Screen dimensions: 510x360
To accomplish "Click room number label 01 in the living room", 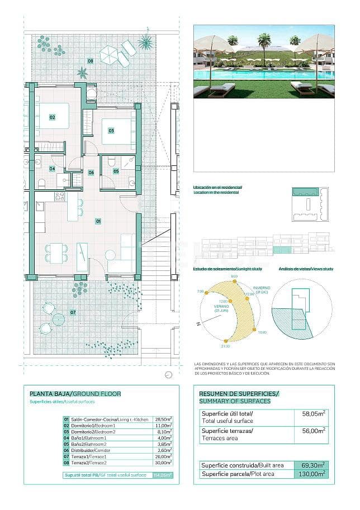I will pyautogui.click(x=98, y=222).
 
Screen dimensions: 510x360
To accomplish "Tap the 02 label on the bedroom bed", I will pyautogui.click(x=53, y=117).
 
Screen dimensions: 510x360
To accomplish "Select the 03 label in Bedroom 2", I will pyautogui.click(x=111, y=131).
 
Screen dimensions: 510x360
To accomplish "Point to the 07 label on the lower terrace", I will pyautogui.click(x=73, y=312).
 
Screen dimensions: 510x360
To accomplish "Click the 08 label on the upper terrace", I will pyautogui.click(x=90, y=61).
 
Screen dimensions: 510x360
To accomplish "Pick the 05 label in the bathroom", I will pyautogui.click(x=116, y=171).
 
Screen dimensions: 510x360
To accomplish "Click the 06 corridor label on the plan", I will pyautogui.click(x=91, y=173).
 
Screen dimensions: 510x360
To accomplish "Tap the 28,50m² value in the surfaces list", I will pyautogui.click(x=163, y=419).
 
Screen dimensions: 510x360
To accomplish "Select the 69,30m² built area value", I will pyautogui.click(x=314, y=465).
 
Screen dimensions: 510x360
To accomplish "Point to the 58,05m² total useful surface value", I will pyautogui.click(x=314, y=414).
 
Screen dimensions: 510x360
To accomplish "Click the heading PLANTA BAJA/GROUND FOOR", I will pyautogui.click(x=75, y=394).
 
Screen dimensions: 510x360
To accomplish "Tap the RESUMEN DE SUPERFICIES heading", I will pyautogui.click(x=239, y=394).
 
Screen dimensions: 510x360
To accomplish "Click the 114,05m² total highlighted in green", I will pyautogui.click(x=163, y=475).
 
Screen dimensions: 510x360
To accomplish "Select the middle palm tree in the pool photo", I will pyautogui.click(x=263, y=40).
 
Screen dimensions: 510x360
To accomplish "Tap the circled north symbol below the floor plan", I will pyautogui.click(x=168, y=375).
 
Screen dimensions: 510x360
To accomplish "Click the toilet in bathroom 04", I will pyautogui.click(x=41, y=183).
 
